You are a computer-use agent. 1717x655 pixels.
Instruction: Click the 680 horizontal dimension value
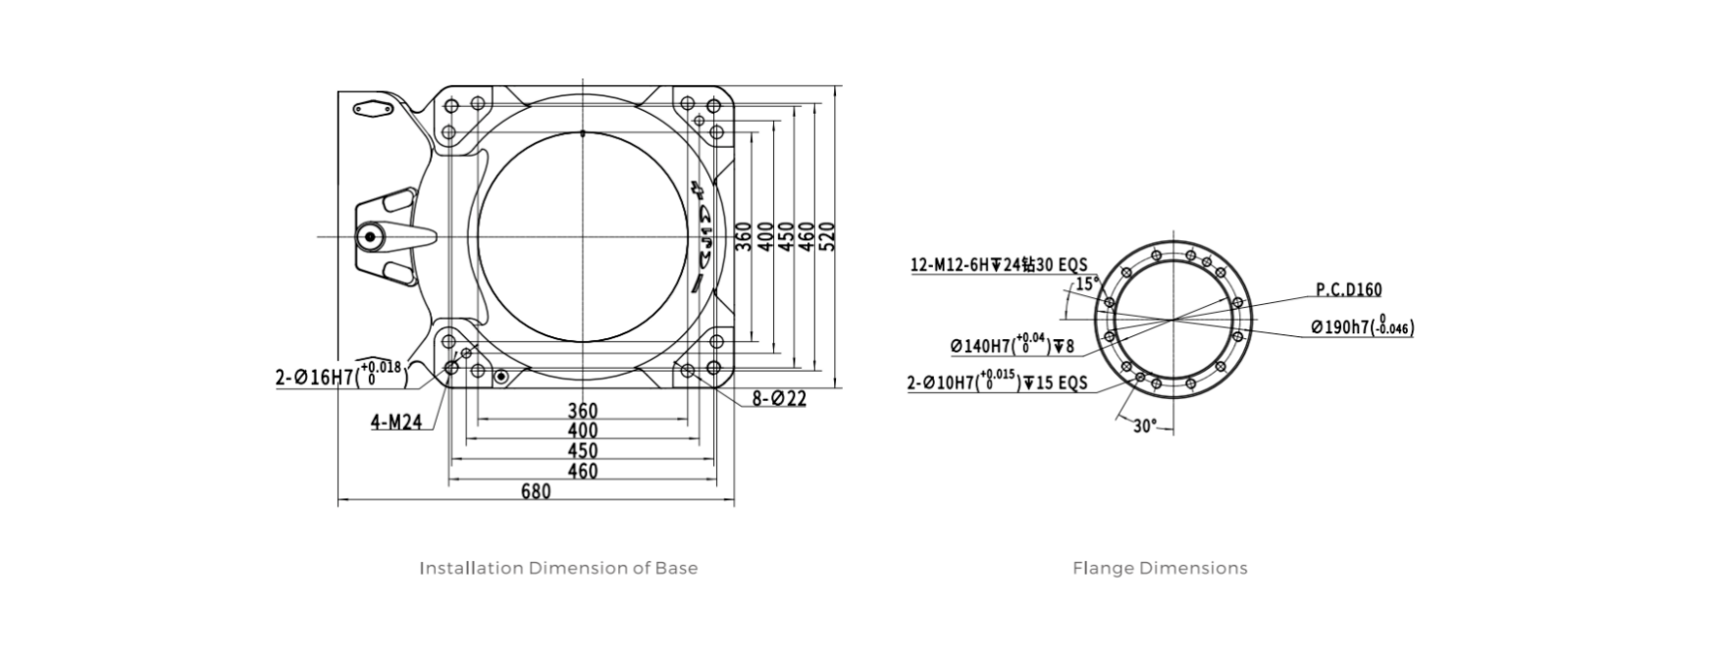[x=535, y=491]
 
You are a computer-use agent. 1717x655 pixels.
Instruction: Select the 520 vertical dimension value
[x=827, y=236]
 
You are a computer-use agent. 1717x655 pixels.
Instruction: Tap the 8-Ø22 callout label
[x=779, y=399]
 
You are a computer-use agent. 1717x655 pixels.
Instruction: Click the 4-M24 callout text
[x=396, y=423]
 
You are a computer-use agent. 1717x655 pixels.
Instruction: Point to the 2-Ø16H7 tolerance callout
[x=339, y=375]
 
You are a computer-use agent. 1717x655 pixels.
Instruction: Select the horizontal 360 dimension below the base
[x=582, y=410]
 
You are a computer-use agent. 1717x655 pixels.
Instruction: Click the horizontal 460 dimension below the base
[x=582, y=471]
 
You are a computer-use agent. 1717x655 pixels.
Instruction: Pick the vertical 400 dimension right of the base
[x=765, y=236]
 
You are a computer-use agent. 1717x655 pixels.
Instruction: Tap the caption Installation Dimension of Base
[x=558, y=568]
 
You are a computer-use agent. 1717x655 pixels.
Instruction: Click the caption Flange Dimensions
[x=1160, y=568]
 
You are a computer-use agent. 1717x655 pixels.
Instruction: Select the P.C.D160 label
[x=1348, y=290]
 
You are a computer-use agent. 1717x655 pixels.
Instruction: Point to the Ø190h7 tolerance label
[x=1362, y=327]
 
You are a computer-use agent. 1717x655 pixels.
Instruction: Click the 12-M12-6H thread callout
[x=999, y=265]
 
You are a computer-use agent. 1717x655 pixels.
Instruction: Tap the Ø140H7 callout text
[x=1012, y=345]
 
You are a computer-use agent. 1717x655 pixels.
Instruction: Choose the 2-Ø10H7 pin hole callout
[x=997, y=382]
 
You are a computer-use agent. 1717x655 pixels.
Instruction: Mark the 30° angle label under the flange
[x=1145, y=427]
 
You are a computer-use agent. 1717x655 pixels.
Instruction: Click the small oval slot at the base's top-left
[x=373, y=109]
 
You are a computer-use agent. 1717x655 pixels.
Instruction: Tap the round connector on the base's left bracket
[x=370, y=236]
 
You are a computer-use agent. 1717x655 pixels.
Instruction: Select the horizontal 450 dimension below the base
[x=582, y=451]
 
